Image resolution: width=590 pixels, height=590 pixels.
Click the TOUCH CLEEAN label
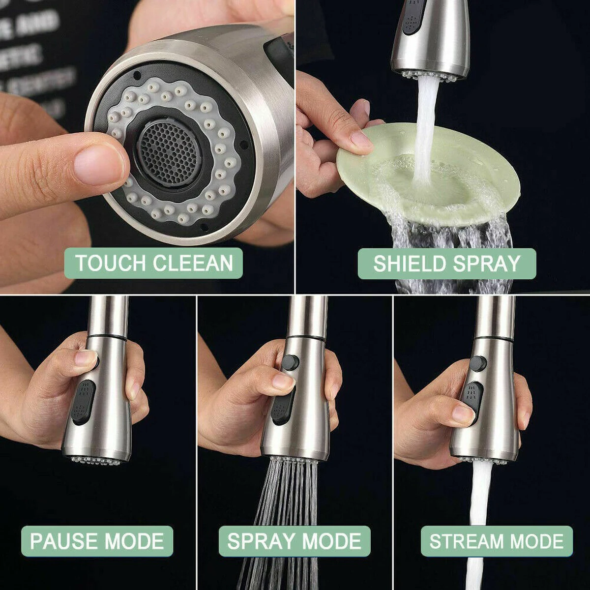point(153,264)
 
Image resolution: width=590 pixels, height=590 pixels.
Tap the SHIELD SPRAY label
point(446,264)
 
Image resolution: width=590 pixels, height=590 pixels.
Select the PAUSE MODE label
point(97,541)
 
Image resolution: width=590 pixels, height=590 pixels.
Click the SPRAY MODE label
point(294,541)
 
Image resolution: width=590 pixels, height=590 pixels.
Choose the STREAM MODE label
point(497,541)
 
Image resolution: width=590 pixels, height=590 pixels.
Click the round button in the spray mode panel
point(291,362)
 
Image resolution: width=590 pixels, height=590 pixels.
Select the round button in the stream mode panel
point(477,363)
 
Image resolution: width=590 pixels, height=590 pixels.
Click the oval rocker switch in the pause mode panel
point(83,402)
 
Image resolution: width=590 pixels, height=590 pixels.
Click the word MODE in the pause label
point(134,541)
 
